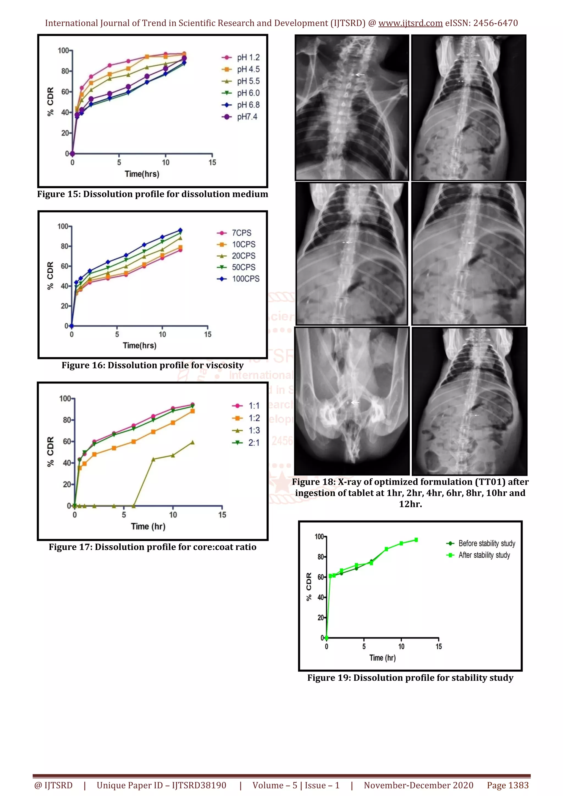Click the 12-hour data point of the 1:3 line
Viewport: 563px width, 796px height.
pyautogui.click(x=192, y=442)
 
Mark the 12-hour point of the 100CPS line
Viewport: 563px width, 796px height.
pyautogui.click(x=180, y=230)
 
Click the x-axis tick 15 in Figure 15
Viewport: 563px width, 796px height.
pyautogui.click(x=212, y=162)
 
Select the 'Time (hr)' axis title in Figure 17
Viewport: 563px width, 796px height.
pyautogui.click(x=148, y=526)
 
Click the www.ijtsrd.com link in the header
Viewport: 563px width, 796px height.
pyautogui.click(x=410, y=23)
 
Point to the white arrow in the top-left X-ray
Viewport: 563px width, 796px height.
pyautogui.click(x=360, y=74)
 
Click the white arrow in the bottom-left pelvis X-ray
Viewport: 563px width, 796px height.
pyautogui.click(x=355, y=402)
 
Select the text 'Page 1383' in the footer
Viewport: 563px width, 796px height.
pyautogui.click(x=507, y=785)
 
